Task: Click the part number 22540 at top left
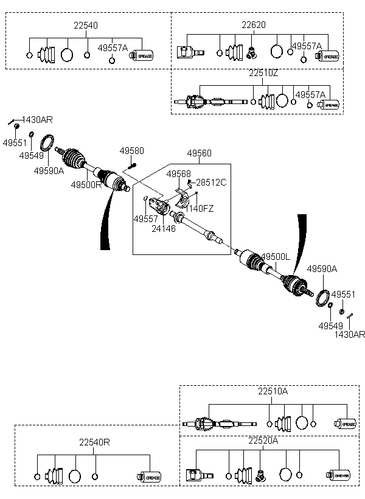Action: click(86, 26)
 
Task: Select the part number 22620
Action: click(253, 25)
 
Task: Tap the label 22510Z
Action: click(263, 73)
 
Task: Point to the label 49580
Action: click(131, 151)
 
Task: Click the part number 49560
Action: click(199, 153)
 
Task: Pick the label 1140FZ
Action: click(200, 208)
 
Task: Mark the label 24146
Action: click(164, 229)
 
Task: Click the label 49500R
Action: click(86, 184)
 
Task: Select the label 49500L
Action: click(276, 257)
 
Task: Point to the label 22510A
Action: click(273, 391)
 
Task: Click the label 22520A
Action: click(263, 440)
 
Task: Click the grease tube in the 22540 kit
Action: click(144, 55)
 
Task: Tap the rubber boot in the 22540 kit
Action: click(46, 55)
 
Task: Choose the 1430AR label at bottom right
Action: click(349, 334)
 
